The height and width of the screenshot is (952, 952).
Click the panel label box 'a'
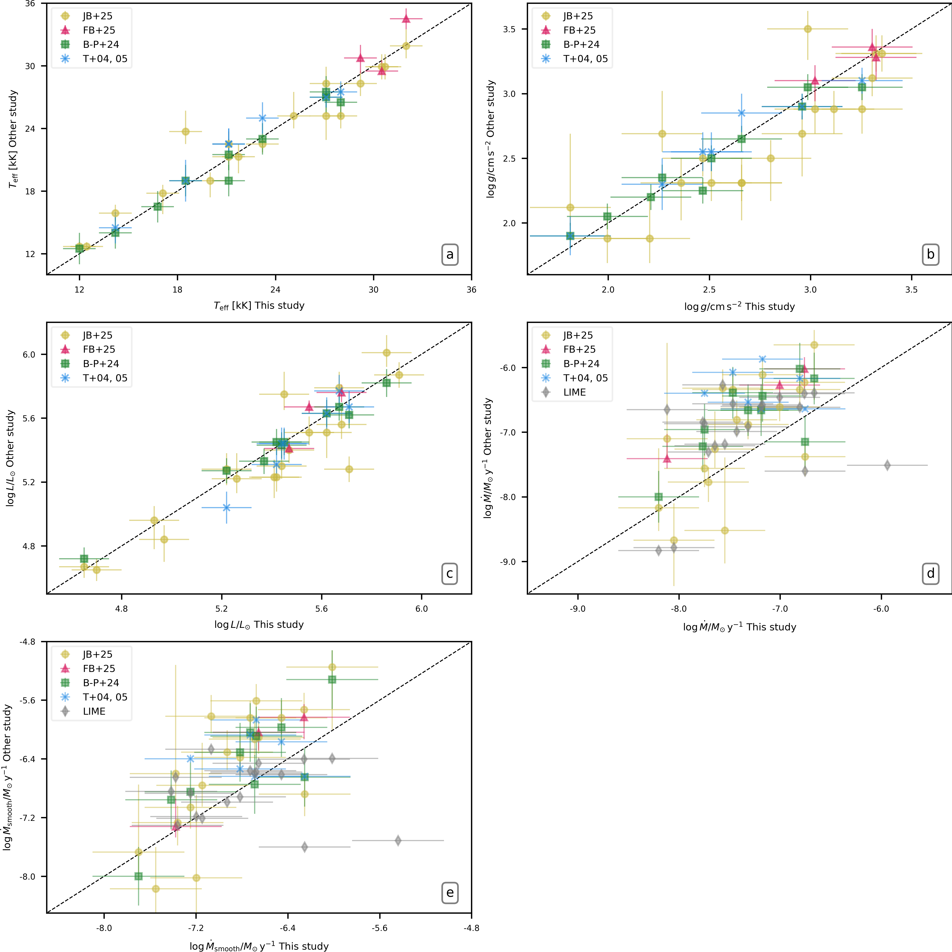point(449,255)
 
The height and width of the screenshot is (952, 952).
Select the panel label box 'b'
point(930,255)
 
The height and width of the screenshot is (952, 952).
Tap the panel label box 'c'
point(449,574)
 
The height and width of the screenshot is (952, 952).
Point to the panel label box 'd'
point(930,574)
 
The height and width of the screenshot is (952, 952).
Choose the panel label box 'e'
point(449,893)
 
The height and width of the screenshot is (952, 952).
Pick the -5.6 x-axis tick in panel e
point(379,928)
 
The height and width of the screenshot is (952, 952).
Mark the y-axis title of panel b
point(490,139)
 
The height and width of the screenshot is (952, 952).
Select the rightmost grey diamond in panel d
point(887,465)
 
